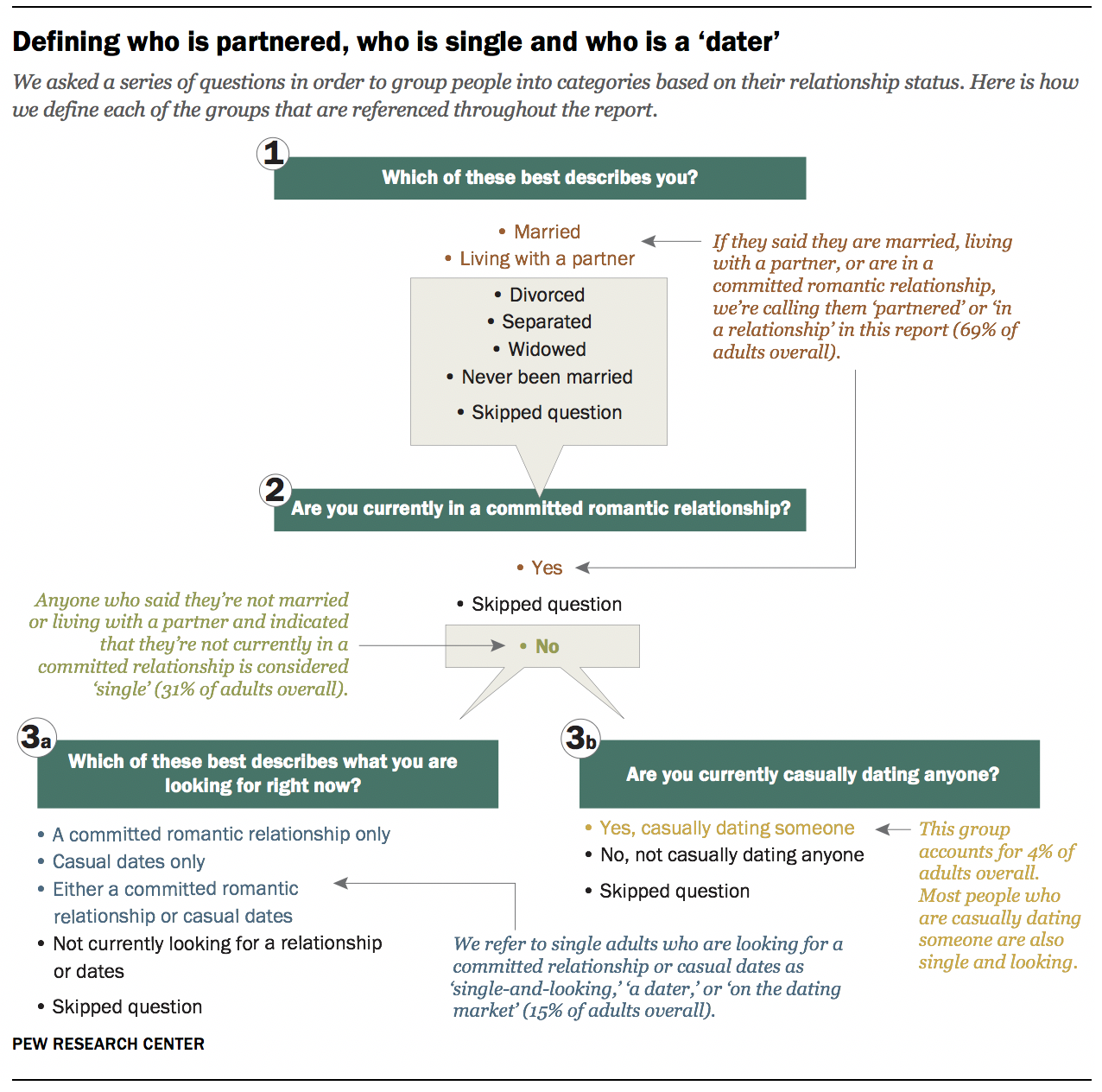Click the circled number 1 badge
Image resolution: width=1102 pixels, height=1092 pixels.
(x=273, y=154)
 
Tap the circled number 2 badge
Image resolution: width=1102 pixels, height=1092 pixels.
(x=275, y=490)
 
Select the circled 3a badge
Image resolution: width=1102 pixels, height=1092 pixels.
(x=37, y=737)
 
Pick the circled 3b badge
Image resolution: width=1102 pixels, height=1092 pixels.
(x=580, y=739)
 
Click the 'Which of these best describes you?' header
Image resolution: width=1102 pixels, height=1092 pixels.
(x=540, y=178)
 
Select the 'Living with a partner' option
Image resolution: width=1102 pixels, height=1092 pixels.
(x=540, y=258)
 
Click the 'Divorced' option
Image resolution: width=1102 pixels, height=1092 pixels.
(x=539, y=295)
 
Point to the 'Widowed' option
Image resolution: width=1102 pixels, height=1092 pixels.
(x=539, y=349)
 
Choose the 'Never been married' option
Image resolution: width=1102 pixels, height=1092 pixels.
(x=539, y=377)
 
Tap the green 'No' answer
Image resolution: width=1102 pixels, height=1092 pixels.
(x=539, y=646)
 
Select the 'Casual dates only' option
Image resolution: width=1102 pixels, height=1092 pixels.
(x=121, y=861)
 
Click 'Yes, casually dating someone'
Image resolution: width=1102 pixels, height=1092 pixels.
(x=719, y=829)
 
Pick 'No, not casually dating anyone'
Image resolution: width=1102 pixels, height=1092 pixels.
(x=725, y=855)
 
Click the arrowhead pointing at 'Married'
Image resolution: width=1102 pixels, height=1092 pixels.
(x=648, y=241)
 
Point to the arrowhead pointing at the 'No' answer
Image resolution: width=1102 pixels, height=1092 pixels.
(x=498, y=645)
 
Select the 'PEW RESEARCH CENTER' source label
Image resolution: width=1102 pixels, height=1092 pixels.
(x=109, y=1044)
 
